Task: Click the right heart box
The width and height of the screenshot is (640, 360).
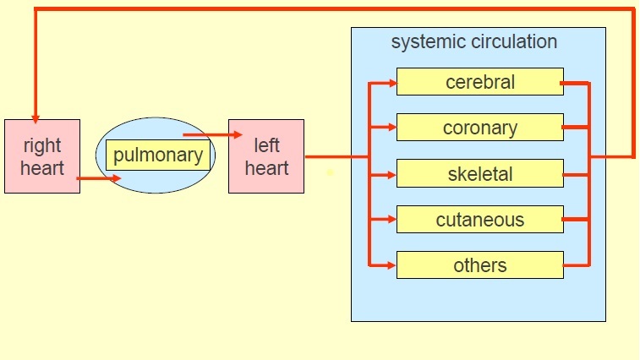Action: click(42, 156)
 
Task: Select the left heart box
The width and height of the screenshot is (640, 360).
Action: click(266, 156)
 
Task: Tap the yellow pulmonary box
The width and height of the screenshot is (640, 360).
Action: click(158, 155)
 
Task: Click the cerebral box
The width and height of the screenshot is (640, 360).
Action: click(479, 82)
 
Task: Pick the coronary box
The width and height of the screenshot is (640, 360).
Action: click(479, 128)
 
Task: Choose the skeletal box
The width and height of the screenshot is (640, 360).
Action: click(479, 174)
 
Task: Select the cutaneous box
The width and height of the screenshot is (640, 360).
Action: click(479, 220)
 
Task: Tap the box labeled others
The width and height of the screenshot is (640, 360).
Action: click(479, 265)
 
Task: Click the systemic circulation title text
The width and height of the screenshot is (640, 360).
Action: click(473, 41)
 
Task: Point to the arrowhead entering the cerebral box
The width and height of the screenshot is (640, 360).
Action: click(391, 83)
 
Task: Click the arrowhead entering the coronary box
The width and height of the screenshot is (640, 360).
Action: click(391, 128)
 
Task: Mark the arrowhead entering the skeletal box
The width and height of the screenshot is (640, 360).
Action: click(391, 175)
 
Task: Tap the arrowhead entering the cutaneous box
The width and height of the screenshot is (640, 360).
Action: click(391, 220)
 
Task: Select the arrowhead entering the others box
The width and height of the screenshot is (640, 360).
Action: click(391, 265)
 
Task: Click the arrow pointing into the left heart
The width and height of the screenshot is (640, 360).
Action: click(237, 134)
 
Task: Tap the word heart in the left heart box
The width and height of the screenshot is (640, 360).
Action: click(266, 167)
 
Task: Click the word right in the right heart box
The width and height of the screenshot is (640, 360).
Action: click(42, 145)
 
